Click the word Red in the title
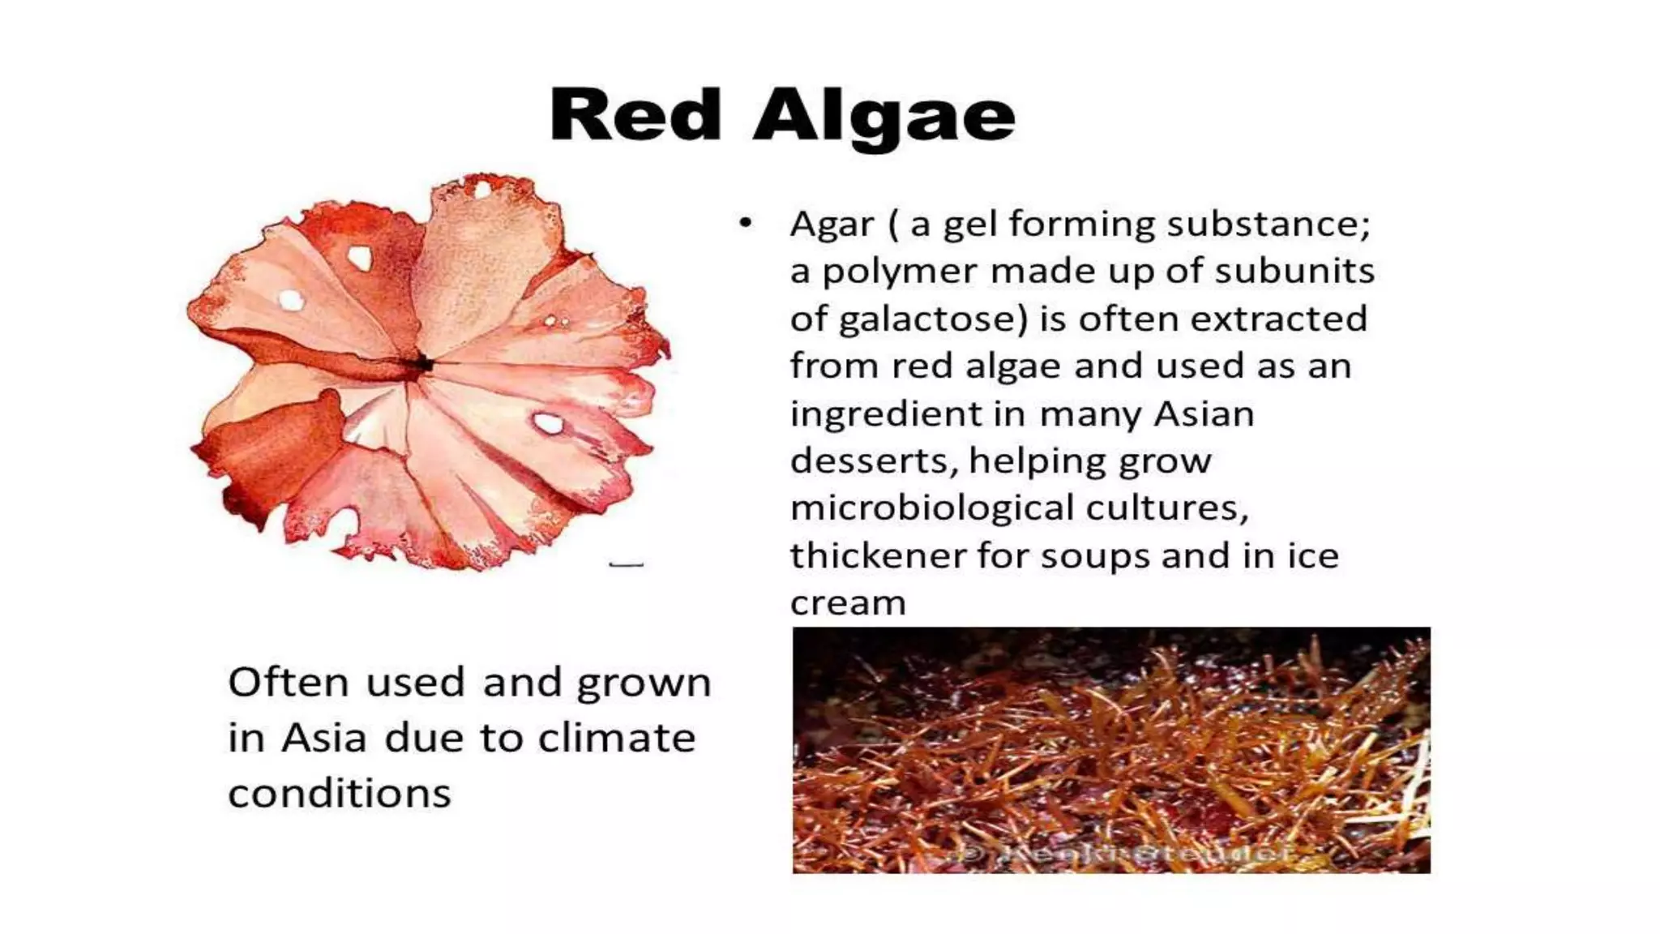click(x=635, y=116)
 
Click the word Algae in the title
click(x=883, y=118)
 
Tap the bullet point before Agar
click(x=746, y=223)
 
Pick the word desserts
click(x=871, y=461)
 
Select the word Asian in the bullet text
click(x=1204, y=414)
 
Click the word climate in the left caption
click(x=617, y=738)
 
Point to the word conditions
click(x=339, y=793)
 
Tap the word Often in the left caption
click(x=289, y=682)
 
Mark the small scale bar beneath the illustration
click(x=626, y=564)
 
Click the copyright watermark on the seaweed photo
click(x=1127, y=853)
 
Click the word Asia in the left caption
click(x=324, y=738)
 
